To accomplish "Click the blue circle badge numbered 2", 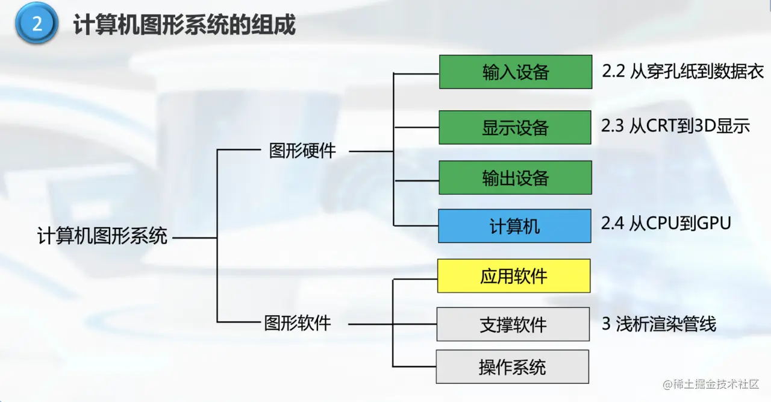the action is point(37,25).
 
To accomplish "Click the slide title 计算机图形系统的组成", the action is point(184,26).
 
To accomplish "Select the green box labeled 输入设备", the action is point(516,72).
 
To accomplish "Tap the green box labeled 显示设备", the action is point(515,128).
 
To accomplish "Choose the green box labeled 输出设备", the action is point(515,178).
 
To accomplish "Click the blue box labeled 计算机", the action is point(514,227).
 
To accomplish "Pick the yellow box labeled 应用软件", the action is point(514,276).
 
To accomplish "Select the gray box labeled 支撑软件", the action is point(513,325).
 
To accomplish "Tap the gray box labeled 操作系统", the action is point(513,367).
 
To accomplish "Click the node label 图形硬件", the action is point(302,151).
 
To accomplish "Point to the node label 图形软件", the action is point(298,323).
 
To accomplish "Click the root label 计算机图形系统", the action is point(102,236).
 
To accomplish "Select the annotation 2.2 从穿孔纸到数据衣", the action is point(682,72).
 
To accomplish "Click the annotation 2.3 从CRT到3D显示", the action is point(675,126).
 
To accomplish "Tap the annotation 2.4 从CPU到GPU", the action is point(666,223).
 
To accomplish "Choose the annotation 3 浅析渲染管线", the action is point(659,324).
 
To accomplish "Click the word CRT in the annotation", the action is point(663,126).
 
